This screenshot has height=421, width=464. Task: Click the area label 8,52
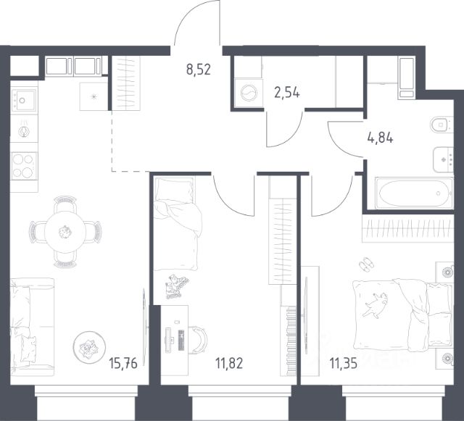199,70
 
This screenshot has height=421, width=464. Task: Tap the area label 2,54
287,93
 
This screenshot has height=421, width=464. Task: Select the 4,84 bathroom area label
380,138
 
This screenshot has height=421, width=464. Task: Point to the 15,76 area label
123,363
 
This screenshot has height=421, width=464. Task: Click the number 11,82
229,363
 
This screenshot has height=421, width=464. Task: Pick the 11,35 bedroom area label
343,363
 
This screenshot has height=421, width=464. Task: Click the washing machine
249,93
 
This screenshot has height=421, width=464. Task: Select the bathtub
414,193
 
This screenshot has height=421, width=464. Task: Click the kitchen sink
24,100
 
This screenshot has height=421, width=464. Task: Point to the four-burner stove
24,166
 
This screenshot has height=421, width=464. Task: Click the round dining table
65,232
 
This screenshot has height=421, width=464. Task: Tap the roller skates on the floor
176,285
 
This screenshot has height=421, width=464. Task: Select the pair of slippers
366,264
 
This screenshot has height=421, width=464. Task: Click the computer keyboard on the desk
181,340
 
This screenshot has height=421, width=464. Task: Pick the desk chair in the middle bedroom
198,340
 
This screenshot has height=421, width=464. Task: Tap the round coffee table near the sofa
89,347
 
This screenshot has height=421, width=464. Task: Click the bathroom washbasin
443,159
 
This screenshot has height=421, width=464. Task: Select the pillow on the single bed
174,190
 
